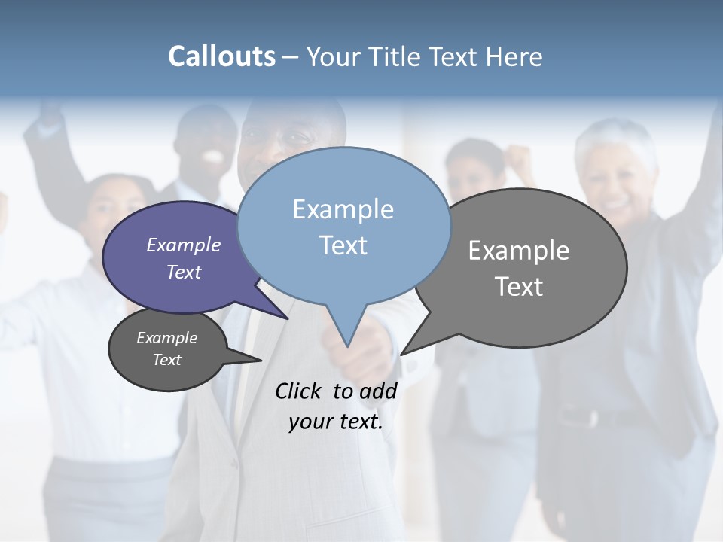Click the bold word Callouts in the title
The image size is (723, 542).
tap(221, 56)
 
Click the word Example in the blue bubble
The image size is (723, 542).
tap(343, 209)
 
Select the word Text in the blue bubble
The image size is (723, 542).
tap(343, 245)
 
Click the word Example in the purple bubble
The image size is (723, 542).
tap(183, 245)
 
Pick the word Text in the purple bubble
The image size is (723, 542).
tap(183, 272)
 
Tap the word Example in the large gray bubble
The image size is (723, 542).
tap(519, 251)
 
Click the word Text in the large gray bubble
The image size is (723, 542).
tap(519, 287)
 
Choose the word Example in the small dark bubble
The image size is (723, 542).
tap(166, 338)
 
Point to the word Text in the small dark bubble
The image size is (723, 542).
tap(166, 360)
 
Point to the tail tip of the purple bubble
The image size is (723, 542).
tap(288, 318)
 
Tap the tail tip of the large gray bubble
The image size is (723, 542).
tap(401, 353)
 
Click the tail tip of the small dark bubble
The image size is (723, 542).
tap(261, 361)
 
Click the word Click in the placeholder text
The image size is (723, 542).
tap(299, 391)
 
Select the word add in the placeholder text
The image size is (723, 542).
tap(377, 391)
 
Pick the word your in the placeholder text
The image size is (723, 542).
tap(310, 422)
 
